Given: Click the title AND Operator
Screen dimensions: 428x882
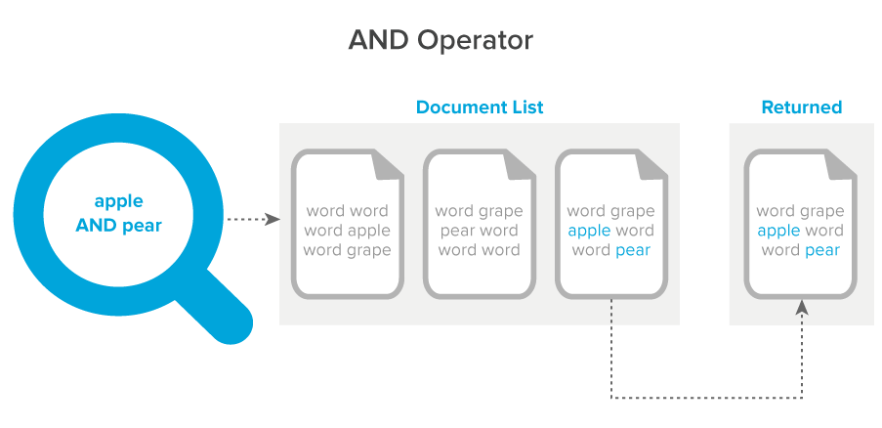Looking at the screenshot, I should (441, 41).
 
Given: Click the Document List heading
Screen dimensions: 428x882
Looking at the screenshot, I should (480, 107).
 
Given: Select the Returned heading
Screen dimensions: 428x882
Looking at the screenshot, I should (801, 107).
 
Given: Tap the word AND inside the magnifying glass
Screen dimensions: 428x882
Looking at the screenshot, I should (98, 226).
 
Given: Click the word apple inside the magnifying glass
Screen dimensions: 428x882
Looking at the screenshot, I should (118, 201).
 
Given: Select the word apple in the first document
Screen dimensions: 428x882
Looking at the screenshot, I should (368, 231).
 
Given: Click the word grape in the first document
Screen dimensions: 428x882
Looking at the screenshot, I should (368, 250).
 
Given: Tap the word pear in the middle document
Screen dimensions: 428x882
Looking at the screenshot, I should (456, 231).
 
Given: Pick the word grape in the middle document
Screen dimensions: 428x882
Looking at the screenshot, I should (500, 211).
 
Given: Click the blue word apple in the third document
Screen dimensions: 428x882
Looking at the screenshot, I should (588, 231).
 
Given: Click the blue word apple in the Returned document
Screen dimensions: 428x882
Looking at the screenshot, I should (778, 231).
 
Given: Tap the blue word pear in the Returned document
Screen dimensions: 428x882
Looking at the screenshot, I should (822, 250).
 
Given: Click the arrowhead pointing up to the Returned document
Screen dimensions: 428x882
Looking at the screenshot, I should (802, 306).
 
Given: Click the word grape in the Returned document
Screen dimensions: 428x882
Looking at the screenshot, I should (822, 211).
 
